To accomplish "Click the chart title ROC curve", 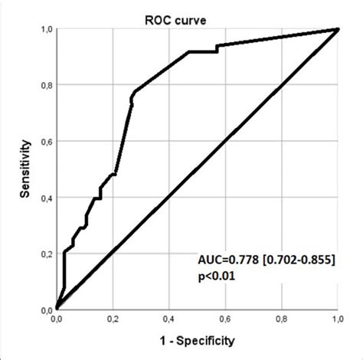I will tap(198, 11).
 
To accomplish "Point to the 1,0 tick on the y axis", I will tap(44, 28).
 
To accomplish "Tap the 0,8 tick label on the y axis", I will tap(44, 85).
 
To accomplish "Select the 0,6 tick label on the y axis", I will tap(44, 141).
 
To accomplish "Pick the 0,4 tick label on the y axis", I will tap(44, 198).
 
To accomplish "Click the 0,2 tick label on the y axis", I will tap(44, 254).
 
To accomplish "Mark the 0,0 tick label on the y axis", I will tap(44, 309).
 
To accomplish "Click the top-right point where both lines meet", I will tap(337, 29).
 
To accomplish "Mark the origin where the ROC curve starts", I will tap(57, 309).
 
